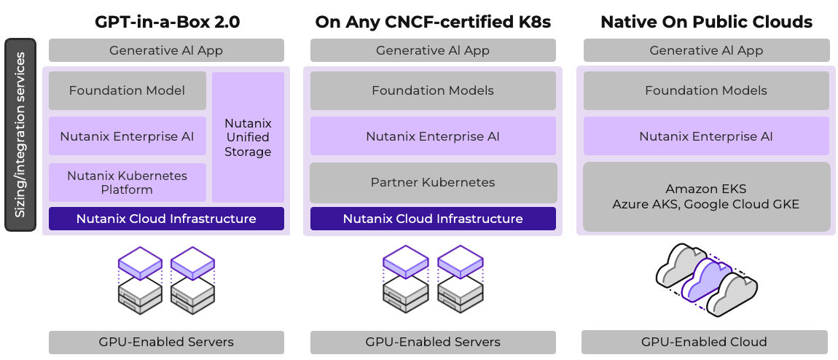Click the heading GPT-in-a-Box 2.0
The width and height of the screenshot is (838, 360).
tap(167, 22)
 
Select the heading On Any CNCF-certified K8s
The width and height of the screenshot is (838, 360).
tap(433, 22)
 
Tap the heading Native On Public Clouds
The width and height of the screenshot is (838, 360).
tap(706, 22)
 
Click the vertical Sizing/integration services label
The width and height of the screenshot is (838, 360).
tap(20, 135)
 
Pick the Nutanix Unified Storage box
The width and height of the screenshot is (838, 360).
tap(248, 137)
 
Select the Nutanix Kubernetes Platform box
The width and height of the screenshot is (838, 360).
tap(127, 182)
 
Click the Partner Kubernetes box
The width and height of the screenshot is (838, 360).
tap(433, 182)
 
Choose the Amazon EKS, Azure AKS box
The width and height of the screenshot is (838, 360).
tap(706, 197)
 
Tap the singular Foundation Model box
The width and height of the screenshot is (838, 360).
tap(127, 90)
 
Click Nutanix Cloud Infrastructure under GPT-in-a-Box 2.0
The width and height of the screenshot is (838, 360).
tap(166, 219)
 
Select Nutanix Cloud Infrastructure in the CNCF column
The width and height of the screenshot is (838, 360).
tap(433, 219)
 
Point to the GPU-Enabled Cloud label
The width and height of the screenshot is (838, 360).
tap(704, 342)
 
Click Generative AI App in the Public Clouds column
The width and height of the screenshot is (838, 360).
tap(706, 50)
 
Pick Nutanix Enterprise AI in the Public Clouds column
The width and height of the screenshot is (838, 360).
tap(706, 136)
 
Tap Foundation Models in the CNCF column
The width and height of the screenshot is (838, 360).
tap(433, 90)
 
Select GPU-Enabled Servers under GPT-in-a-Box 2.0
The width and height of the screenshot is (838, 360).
tap(166, 342)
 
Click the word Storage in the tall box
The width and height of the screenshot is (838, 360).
tap(248, 152)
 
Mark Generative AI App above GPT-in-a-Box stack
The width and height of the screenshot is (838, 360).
tap(166, 50)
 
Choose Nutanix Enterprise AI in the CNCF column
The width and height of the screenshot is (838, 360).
tap(433, 136)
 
